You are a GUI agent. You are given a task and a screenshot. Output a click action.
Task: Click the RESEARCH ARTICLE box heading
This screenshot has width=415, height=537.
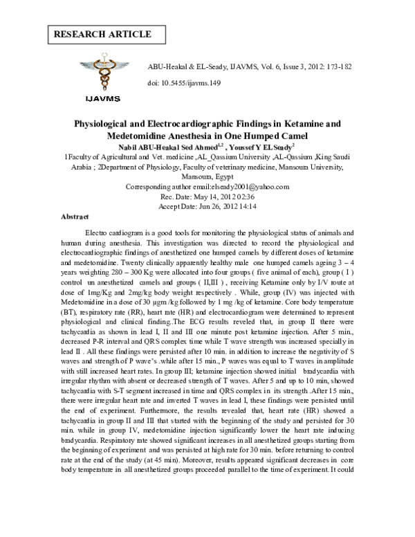[101, 34]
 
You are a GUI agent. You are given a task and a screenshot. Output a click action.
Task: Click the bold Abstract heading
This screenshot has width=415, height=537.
[75, 217]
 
